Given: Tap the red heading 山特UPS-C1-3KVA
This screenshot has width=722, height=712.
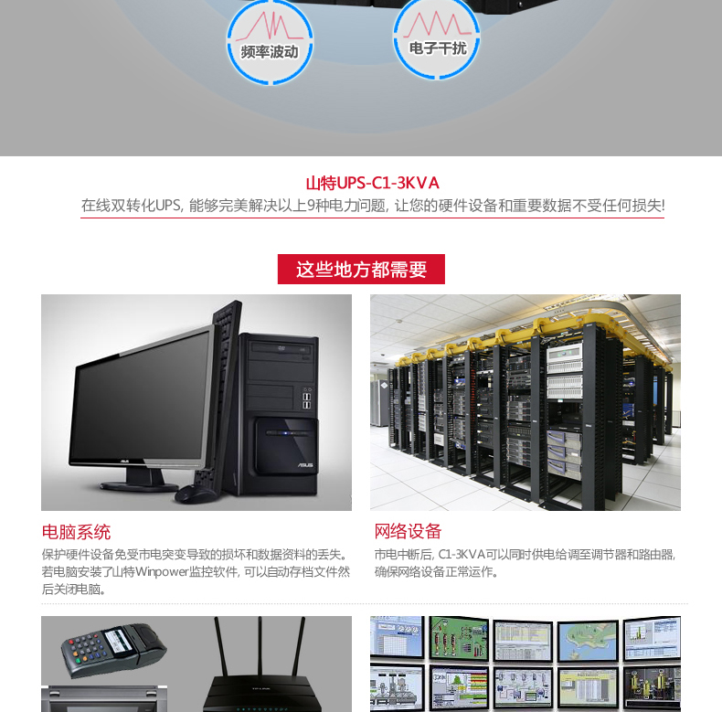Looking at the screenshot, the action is [x=372, y=183].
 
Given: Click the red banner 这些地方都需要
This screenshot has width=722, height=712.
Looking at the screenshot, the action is [x=361, y=270].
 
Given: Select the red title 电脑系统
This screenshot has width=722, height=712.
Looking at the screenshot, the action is [x=76, y=531].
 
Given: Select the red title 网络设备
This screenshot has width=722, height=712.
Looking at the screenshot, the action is [x=408, y=531].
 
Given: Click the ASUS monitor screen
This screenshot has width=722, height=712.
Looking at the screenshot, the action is [x=142, y=393].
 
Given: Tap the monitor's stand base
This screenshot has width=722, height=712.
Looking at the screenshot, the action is [x=137, y=477].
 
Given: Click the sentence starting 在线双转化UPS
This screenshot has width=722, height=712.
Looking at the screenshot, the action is [x=372, y=206].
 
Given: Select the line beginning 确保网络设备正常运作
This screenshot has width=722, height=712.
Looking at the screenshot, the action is [x=437, y=572].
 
